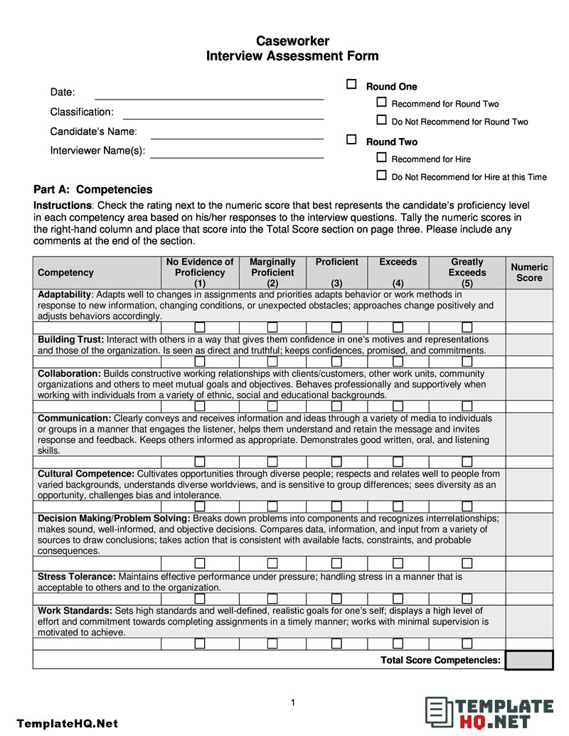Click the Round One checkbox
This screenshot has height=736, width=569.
pyautogui.click(x=351, y=85)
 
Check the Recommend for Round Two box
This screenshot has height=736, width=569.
pyautogui.click(x=381, y=102)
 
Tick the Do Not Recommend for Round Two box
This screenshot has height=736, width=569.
pyautogui.click(x=381, y=120)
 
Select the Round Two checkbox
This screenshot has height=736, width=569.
pyautogui.click(x=351, y=140)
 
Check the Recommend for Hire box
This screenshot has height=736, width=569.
pyautogui.click(x=381, y=158)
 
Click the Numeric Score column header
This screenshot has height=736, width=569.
pyautogui.click(x=529, y=272)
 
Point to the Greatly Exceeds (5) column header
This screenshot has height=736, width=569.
pyautogui.click(x=467, y=272)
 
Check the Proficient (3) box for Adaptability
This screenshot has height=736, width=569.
pyautogui.click(x=336, y=327)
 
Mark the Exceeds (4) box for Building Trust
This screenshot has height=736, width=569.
pyautogui.click(x=398, y=361)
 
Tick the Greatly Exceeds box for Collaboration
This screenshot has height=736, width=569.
pyautogui.click(x=467, y=405)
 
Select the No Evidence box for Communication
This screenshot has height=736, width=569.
pyautogui.click(x=200, y=462)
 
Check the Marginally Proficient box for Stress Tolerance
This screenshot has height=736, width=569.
pyautogui.click(x=272, y=599)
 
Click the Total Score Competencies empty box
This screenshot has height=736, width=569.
pyautogui.click(x=529, y=660)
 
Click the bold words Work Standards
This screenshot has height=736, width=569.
pyautogui.click(x=75, y=611)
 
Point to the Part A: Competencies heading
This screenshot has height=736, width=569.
pyautogui.click(x=92, y=189)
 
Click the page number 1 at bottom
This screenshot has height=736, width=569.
pyautogui.click(x=292, y=703)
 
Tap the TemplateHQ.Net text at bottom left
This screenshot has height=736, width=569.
pyautogui.click(x=67, y=723)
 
